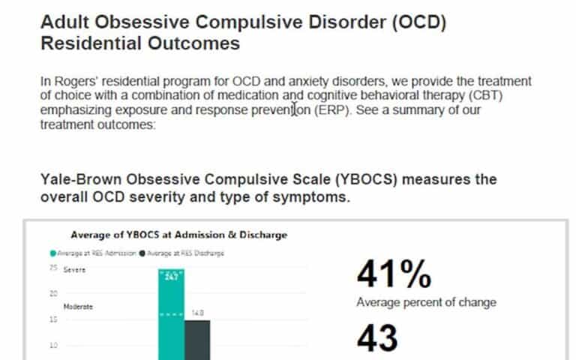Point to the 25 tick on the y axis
pyautogui.click(x=53, y=268)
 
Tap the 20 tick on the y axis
pyautogui.click(x=53, y=294)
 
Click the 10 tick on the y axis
pyautogui.click(x=53, y=346)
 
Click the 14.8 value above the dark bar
pyautogui.click(x=198, y=313)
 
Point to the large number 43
pyautogui.click(x=377, y=338)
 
